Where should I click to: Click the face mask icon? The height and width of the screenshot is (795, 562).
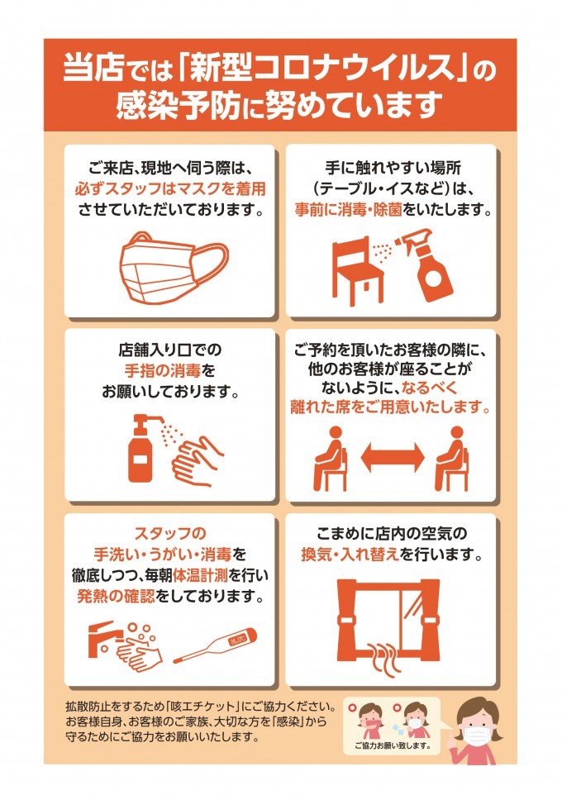pos(173,267)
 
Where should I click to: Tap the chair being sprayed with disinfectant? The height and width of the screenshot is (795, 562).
pos(358,272)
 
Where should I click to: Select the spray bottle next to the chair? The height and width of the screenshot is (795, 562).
pos(426,265)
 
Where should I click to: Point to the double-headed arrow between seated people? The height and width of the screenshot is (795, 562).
pos(393,457)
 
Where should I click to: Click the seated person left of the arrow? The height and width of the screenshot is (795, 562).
pos(331,459)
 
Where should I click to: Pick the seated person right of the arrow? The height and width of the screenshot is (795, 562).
pos(452,459)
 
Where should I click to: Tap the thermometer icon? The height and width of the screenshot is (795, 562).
pos(215,645)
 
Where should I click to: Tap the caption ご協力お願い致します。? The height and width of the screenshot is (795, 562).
pos(393,745)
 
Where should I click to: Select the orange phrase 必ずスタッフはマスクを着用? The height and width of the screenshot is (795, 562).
pos(170,188)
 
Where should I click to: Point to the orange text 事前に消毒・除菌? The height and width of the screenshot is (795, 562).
pos(349,209)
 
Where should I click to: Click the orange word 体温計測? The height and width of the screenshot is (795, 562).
pos(200,575)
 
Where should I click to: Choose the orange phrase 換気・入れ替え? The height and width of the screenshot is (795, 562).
pos(350,555)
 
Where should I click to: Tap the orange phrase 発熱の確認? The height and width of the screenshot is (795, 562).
pos(116,597)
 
